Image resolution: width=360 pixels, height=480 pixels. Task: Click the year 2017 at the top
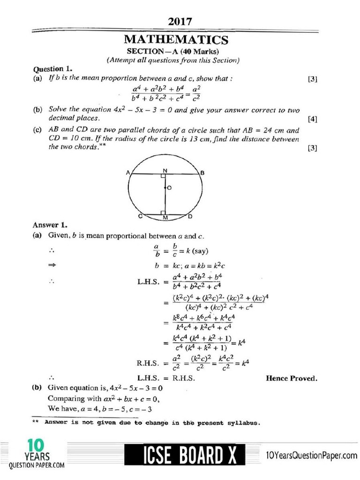(x=180, y=22)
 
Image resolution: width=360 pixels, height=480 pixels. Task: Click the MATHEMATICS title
(x=180, y=40)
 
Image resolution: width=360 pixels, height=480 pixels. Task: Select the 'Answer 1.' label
(x=48, y=225)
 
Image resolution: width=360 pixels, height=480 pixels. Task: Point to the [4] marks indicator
(x=313, y=119)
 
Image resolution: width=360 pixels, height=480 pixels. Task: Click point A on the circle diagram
(x=127, y=172)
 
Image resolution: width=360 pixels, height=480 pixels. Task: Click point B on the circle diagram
(x=202, y=172)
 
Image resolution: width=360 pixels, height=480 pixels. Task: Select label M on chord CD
(x=165, y=218)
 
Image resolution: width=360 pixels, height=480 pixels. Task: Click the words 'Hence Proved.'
(x=291, y=378)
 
